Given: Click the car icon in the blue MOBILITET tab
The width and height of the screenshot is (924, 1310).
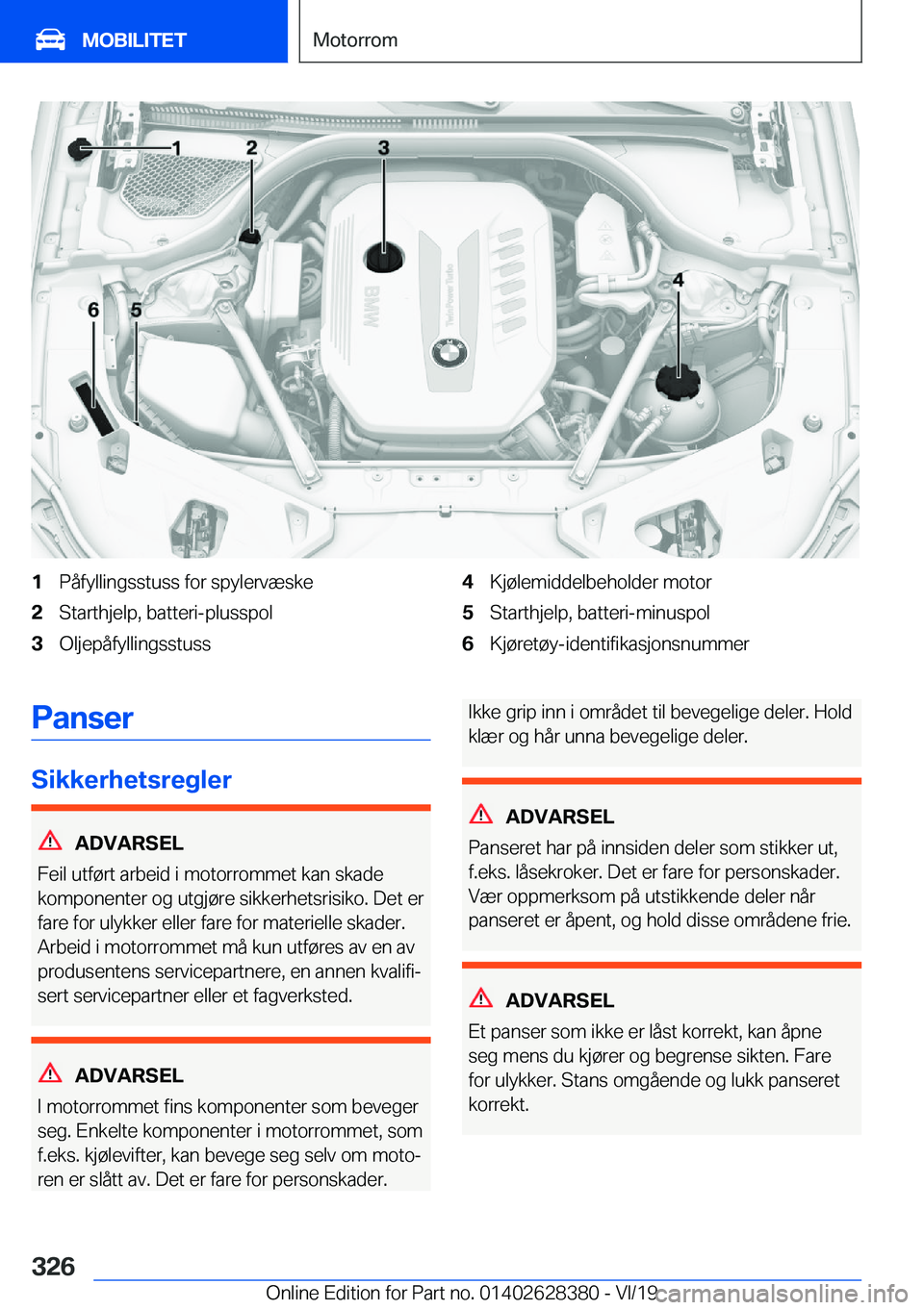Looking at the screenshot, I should (x=50, y=39).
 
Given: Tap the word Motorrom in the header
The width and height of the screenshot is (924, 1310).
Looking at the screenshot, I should (x=355, y=39).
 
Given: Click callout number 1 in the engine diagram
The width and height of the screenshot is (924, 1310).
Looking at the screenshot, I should (x=176, y=147).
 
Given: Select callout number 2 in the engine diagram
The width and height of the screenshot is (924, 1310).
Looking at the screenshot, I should (x=251, y=147).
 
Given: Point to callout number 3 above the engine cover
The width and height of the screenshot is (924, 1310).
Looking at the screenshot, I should (x=383, y=147).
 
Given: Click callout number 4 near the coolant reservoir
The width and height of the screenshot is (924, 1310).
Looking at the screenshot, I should (x=679, y=280).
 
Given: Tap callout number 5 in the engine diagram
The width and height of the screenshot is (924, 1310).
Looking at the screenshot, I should (x=136, y=310).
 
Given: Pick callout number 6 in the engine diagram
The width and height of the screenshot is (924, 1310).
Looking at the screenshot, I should (x=93, y=310).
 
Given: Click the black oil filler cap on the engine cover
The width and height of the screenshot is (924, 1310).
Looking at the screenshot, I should (x=384, y=257).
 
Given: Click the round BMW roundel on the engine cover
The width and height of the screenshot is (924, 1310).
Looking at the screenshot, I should (x=449, y=355).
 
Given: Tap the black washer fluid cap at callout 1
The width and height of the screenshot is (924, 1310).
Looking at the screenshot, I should (x=81, y=149).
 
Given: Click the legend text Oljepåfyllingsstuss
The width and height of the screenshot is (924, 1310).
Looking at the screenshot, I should (x=135, y=643).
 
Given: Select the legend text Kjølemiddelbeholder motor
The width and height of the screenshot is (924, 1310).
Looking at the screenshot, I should (x=601, y=582).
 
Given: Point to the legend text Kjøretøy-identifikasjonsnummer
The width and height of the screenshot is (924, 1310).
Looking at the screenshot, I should (x=619, y=643).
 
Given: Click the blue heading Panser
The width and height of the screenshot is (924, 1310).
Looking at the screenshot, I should (x=83, y=718).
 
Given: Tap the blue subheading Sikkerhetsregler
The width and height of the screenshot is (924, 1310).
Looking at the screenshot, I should (x=132, y=779).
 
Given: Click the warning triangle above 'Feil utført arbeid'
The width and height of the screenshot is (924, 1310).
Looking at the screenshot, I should (x=50, y=841).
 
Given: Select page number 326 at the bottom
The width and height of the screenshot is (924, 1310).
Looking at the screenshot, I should (x=54, y=1266).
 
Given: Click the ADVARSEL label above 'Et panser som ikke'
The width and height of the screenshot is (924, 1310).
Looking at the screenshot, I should (x=559, y=1000).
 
